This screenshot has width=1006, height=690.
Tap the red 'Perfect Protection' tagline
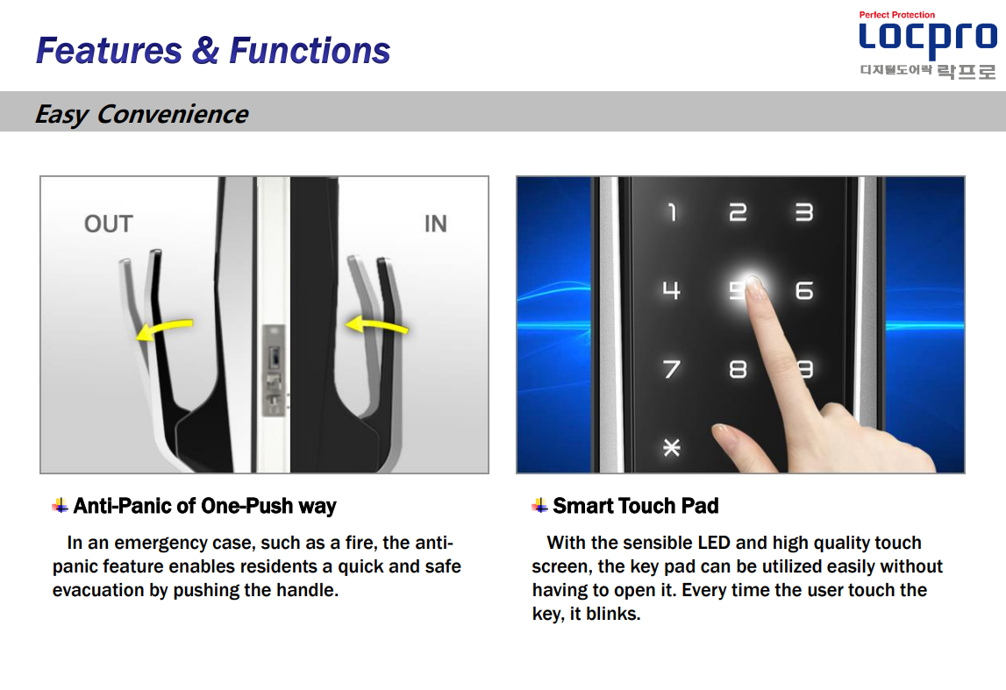[897, 15]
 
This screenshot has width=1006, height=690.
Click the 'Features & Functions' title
[213, 51]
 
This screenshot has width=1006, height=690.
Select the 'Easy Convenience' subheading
[141, 114]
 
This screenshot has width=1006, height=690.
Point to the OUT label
[109, 224]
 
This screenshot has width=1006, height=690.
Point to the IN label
[436, 224]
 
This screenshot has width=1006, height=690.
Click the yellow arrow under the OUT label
[164, 329]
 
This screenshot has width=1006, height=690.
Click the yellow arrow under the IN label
[376, 324]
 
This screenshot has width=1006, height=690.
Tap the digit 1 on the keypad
[672, 212]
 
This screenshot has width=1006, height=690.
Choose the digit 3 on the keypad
[804, 212]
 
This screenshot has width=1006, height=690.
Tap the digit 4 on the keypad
[671, 290]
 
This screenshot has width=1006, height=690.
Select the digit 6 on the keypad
[804, 290]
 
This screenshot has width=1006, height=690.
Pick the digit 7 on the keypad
[672, 369]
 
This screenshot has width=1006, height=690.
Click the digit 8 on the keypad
[738, 369]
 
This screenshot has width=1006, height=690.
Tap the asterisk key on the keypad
[671, 447]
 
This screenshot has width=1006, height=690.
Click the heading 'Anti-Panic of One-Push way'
[204, 506]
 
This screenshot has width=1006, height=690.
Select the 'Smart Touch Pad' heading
[636, 506]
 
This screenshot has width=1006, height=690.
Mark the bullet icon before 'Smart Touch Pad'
[539, 506]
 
